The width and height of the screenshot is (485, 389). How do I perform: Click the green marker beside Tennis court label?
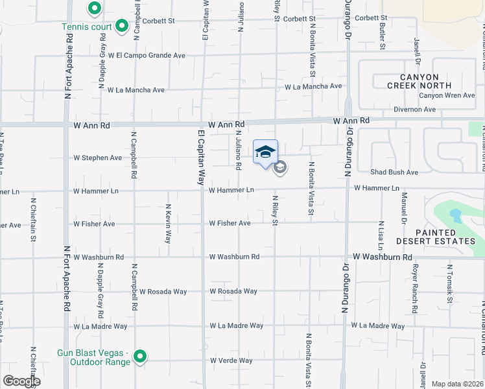(121, 27)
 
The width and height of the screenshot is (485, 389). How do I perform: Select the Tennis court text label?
(87, 27)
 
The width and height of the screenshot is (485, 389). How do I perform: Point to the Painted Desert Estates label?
(445, 237)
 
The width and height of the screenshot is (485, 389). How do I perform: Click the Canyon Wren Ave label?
(448, 95)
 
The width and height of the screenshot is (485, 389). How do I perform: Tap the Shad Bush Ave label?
(394, 172)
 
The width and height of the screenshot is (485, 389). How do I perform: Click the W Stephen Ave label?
(97, 158)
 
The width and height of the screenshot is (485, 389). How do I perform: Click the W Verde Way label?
(231, 360)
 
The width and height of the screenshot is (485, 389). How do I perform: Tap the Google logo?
(21, 381)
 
